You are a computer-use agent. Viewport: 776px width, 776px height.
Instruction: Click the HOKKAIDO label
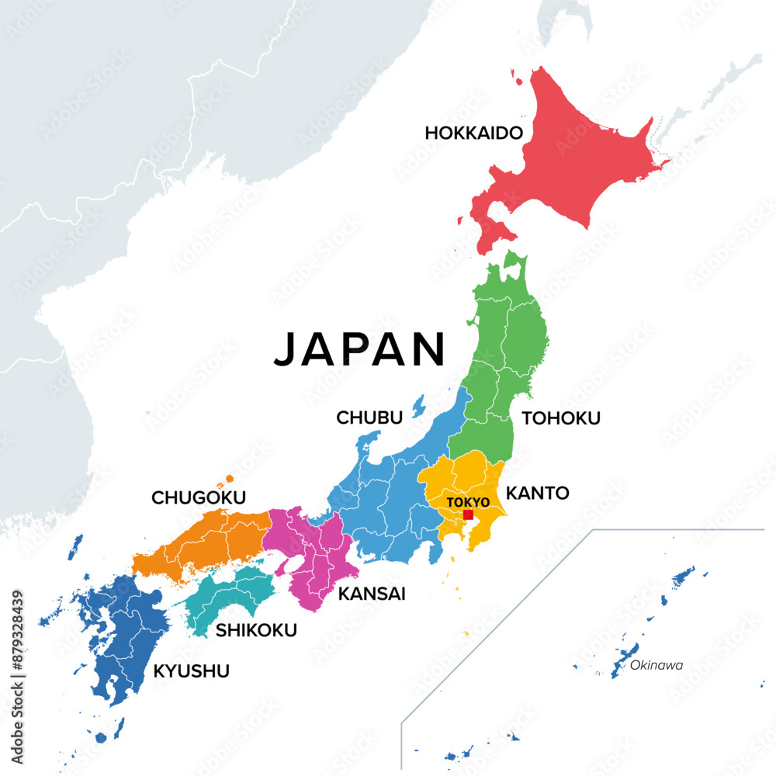pos(473,133)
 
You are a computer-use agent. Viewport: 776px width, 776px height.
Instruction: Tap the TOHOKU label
pos(561,418)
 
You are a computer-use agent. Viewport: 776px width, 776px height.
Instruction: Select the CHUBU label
pos(369,417)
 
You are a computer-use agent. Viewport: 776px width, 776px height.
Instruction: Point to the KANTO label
pos(538,493)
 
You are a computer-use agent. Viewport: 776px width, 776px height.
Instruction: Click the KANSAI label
pos(372,594)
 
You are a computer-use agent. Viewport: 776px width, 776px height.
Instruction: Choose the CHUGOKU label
pos(199,497)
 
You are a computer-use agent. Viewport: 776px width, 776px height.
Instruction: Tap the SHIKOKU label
pos(256,630)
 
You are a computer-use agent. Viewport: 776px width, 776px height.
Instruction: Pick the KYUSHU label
pos(191,670)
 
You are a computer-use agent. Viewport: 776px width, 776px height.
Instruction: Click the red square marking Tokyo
pos(468,514)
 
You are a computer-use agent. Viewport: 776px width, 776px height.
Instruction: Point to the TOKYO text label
pos(468,502)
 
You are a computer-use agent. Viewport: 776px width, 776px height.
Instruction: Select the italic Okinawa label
pos(656,665)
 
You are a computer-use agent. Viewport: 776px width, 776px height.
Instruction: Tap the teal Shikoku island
pos(233,594)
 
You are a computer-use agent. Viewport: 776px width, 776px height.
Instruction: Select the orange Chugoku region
pos(202,543)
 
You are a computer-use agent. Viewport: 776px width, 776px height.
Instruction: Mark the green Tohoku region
pos(504,349)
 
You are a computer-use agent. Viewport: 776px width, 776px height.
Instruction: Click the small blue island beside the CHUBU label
pos(419,404)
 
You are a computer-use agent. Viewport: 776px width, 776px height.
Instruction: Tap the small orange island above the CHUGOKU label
pos(229,479)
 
